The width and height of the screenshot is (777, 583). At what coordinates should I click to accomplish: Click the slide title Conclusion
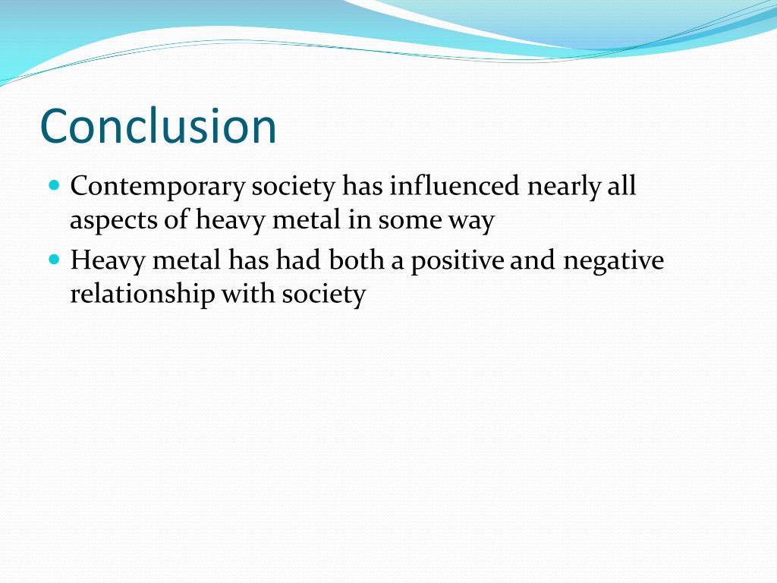point(158,126)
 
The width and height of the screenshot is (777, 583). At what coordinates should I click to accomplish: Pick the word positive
point(458,260)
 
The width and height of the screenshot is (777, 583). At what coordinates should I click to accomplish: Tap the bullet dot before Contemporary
point(54,184)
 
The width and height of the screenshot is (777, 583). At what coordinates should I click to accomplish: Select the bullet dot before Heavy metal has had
point(54,259)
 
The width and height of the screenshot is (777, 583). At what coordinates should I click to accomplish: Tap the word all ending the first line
point(621,186)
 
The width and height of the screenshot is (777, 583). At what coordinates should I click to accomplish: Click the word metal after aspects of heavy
point(310,220)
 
